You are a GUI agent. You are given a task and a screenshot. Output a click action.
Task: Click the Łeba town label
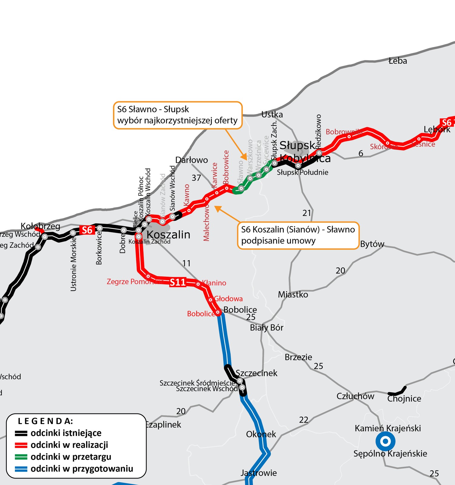(x=398, y=61)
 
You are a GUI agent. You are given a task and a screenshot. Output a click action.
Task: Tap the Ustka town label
(x=272, y=115)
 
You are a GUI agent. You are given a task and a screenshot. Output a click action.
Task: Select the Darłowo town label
(x=191, y=160)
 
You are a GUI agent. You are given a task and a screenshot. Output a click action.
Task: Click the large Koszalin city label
(x=168, y=235)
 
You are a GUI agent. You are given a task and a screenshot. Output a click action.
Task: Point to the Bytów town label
(x=372, y=244)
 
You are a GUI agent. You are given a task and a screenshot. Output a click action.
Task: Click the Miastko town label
(x=293, y=295)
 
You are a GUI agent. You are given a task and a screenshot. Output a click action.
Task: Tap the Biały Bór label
(x=266, y=328)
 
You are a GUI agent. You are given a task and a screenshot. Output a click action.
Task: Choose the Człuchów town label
(x=355, y=396)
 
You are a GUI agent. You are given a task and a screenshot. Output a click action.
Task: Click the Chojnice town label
(x=404, y=399)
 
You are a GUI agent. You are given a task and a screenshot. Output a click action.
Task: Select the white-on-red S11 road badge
(x=177, y=283)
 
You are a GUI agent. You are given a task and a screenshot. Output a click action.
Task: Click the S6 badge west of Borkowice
(x=87, y=230)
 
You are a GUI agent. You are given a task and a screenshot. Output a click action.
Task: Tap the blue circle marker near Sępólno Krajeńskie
(x=385, y=441)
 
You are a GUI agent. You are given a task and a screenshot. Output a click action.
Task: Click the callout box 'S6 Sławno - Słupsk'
(x=178, y=115)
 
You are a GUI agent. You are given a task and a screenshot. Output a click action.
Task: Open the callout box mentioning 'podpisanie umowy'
(x=298, y=236)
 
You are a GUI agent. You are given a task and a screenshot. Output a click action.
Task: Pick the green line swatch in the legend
(x=21, y=457)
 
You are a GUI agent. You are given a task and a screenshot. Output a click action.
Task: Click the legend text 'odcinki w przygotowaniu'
(x=82, y=469)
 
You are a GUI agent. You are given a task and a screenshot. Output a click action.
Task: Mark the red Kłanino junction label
(x=214, y=283)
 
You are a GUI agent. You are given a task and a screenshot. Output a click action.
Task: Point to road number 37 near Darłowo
(x=196, y=178)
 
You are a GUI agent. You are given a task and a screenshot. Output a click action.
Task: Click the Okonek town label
(x=261, y=434)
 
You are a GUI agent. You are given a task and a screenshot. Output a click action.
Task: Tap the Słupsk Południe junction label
(x=302, y=172)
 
